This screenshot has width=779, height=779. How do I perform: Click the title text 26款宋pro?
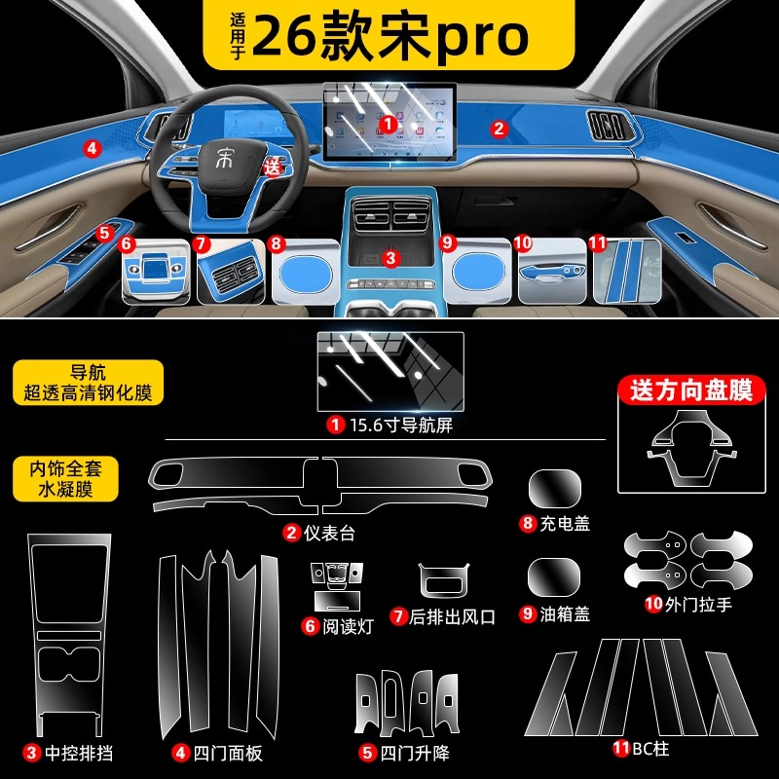click(389, 37)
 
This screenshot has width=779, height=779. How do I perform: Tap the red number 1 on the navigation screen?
click(388, 124)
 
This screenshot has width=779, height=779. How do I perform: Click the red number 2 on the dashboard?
click(499, 128)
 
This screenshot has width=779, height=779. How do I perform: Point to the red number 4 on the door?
click(92, 149)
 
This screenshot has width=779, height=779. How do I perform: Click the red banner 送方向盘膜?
click(692, 391)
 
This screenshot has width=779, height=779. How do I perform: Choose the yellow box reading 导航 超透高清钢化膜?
click(89, 383)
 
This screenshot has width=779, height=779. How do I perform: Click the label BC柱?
click(640, 749)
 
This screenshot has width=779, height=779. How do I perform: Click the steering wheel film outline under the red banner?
click(692, 443)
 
